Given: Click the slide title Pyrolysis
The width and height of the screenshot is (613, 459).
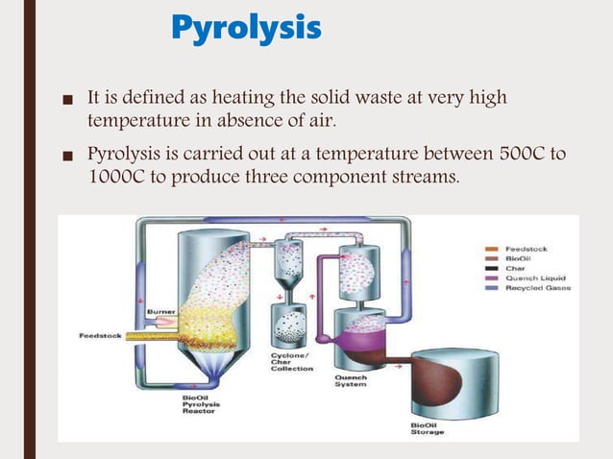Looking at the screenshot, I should pos(246,29).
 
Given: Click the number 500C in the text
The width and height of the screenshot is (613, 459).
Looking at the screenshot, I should pos(517,154).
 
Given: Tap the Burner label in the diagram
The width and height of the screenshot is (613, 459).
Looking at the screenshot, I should pos(159,311).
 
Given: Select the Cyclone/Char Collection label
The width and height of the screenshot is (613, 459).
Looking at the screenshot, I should pos(291,362).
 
